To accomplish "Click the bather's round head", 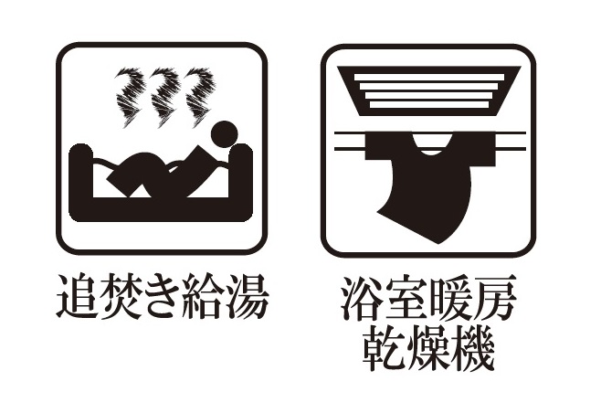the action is tap(225, 134).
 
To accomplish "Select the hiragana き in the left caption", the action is tap(160, 296).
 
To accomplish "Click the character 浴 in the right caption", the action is tap(362, 298).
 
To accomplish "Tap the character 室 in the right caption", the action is tap(406, 298).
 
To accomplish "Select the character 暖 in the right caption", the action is tap(449, 298).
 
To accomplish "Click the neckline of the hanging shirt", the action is tap(430, 146).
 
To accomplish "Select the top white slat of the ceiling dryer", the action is tap(429, 77).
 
